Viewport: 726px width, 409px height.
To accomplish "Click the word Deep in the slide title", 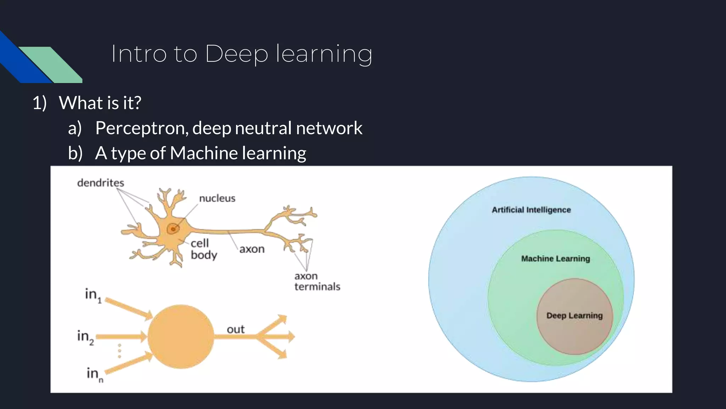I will (x=236, y=54).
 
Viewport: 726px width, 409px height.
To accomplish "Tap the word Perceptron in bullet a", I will (x=141, y=128).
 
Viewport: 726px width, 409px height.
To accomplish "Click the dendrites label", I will (x=101, y=183).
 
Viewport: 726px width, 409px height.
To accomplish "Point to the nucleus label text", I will (x=217, y=198).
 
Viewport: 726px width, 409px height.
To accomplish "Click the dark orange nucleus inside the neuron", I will (x=173, y=229).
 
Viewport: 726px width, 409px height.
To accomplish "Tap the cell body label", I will (x=203, y=249).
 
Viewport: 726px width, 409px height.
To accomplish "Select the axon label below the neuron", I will (x=252, y=249).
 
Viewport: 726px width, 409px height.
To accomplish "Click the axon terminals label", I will (x=317, y=281).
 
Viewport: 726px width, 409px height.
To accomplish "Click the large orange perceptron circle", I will (x=181, y=337).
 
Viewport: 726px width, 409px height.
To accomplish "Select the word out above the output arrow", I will (x=235, y=329).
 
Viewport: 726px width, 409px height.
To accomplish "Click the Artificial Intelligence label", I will (x=531, y=210).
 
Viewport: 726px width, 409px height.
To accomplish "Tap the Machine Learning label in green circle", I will (x=555, y=258).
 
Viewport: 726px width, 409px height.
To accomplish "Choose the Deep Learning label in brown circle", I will (x=574, y=316).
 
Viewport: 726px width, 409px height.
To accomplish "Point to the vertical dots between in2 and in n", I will (x=119, y=351).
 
